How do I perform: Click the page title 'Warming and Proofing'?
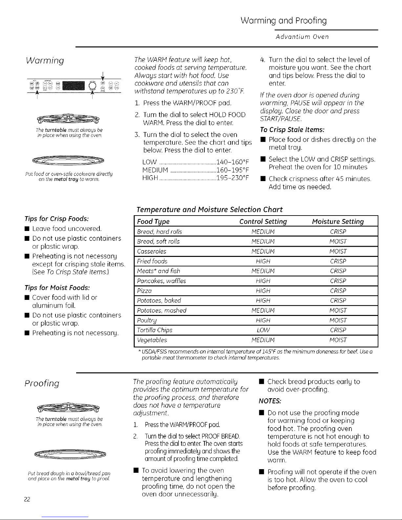coord(284,21)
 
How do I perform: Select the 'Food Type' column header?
coord(153,221)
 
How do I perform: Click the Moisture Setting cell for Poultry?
coord(338,320)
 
